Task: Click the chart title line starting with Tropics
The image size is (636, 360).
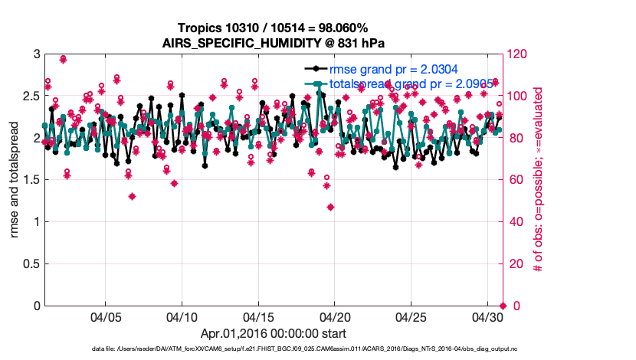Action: [274, 28]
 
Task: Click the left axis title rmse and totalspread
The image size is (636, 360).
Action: [13, 180]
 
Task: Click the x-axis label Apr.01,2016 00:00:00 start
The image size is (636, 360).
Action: [274, 334]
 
